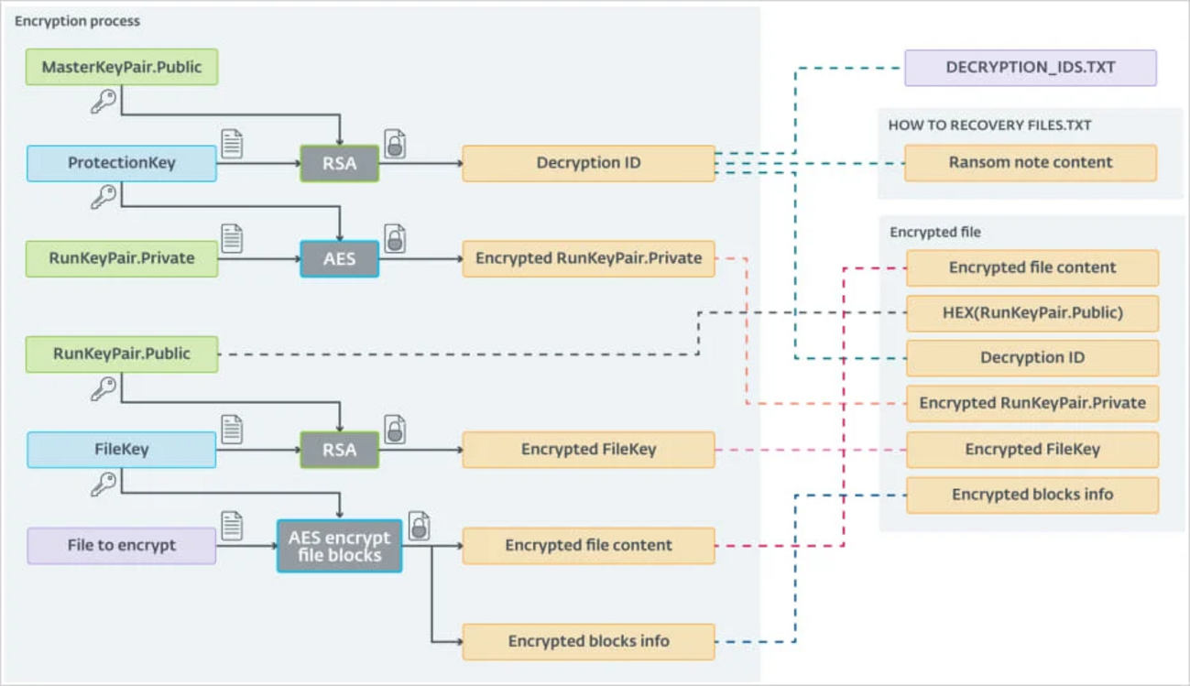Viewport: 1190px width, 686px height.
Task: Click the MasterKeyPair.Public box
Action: click(122, 67)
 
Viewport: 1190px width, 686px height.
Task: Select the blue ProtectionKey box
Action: click(122, 163)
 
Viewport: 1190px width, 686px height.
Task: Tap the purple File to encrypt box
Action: click(122, 545)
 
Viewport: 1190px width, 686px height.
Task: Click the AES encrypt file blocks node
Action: click(339, 546)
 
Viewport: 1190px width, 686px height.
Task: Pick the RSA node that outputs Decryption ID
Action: click(339, 163)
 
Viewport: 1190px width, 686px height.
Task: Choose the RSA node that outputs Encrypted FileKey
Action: click(339, 450)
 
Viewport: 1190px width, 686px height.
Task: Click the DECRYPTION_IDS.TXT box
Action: click(1030, 68)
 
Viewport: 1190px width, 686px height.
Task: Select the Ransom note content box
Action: click(1030, 162)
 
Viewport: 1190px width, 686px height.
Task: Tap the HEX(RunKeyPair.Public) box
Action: click(1032, 313)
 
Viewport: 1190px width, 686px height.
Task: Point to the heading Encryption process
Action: click(77, 20)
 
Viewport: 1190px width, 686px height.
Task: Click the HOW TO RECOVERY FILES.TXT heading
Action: click(989, 125)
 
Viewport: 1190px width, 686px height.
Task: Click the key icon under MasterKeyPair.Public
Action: click(104, 101)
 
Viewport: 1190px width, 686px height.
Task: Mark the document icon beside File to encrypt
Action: click(232, 526)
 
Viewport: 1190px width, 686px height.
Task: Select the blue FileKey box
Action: click(122, 450)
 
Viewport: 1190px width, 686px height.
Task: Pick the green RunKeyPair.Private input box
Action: click(122, 258)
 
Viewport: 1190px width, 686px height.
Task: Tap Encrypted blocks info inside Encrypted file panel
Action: click(1032, 495)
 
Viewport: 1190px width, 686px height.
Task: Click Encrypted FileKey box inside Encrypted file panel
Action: click(1032, 449)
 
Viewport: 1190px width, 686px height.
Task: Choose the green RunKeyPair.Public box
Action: click(122, 354)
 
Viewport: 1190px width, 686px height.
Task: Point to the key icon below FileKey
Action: click(104, 484)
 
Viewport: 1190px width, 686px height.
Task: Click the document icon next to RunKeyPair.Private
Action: click(232, 238)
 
